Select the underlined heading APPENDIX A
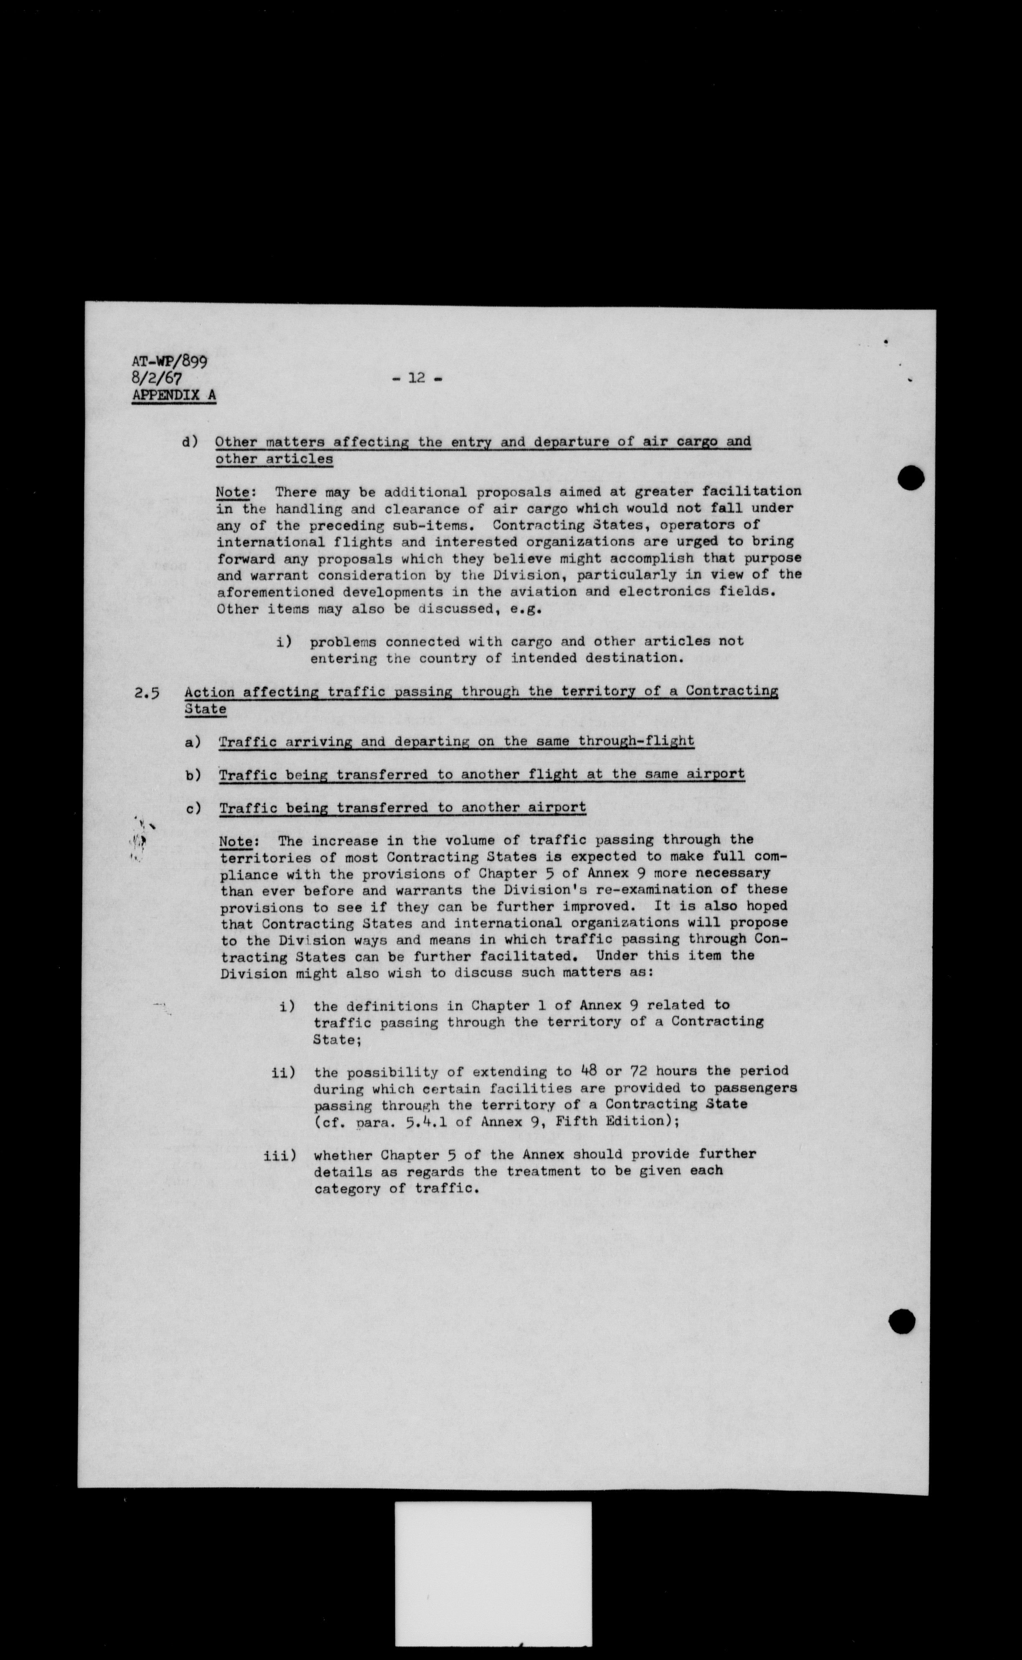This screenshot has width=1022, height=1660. [175, 395]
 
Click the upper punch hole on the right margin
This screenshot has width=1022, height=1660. [911, 478]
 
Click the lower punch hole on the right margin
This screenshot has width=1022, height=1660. [902, 1321]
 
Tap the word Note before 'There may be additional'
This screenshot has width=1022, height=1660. [232, 493]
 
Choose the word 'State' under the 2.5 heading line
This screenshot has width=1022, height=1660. [205, 709]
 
